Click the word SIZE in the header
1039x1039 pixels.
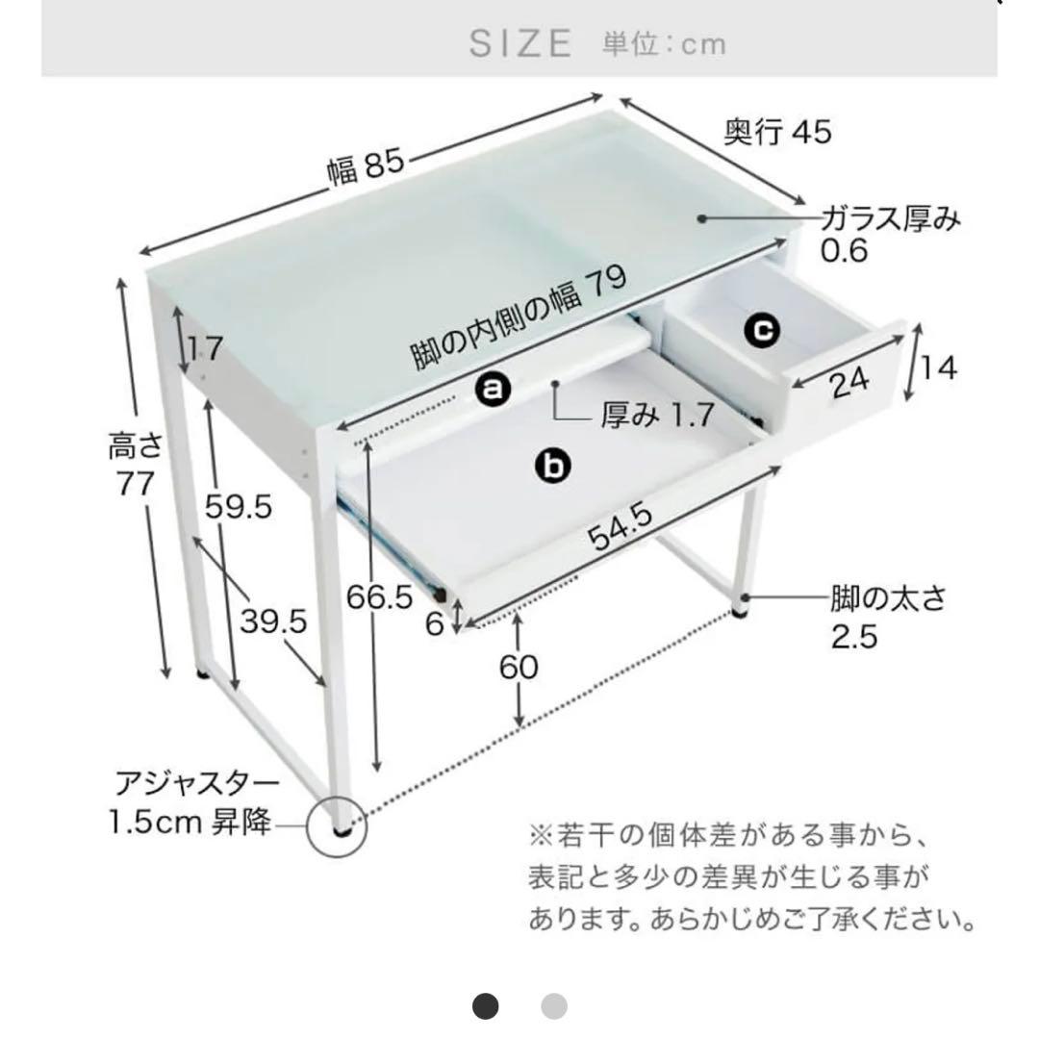tap(520, 43)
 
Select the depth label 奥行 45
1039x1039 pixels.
tap(776, 131)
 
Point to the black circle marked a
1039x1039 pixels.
tap(493, 390)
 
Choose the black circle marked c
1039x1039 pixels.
tap(761, 330)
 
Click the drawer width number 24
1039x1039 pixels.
tap(848, 382)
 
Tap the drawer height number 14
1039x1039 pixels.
tap(939, 367)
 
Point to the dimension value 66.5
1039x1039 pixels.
tap(380, 596)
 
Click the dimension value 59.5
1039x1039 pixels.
tap(239, 507)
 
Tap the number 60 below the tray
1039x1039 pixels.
tap(519, 667)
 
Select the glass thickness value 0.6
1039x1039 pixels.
tap(845, 251)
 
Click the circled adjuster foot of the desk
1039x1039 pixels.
tap(338, 824)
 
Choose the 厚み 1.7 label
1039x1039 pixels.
tap(657, 416)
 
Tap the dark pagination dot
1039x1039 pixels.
tap(487, 1007)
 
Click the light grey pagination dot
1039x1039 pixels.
tap(554, 1007)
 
